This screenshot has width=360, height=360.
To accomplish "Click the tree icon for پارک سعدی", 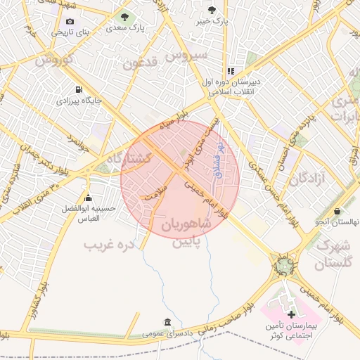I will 125,17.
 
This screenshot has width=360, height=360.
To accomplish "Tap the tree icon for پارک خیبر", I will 212,10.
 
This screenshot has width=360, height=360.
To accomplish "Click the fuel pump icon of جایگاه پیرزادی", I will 78,89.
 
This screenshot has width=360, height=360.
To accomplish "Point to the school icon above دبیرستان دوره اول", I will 231,71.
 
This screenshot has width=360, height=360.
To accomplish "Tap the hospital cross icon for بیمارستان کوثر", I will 292,312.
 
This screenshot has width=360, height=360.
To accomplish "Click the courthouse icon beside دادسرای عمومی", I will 167,323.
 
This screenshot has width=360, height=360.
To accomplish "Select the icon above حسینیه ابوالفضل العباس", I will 88,198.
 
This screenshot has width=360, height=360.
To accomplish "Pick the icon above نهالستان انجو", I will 338,211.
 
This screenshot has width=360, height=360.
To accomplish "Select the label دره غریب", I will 108,245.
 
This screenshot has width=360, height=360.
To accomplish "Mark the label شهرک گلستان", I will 333,255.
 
